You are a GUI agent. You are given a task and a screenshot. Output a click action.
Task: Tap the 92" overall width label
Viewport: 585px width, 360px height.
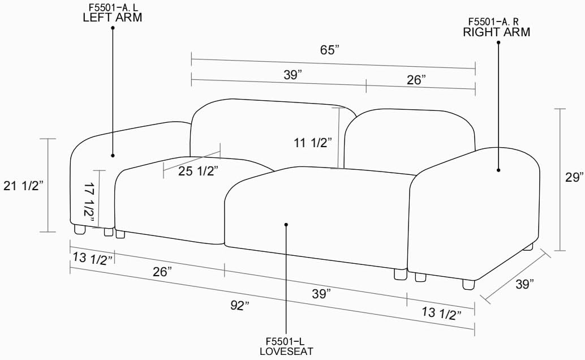click(x=240, y=306)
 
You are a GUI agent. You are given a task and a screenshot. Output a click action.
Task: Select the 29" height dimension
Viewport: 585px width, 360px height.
click(x=575, y=177)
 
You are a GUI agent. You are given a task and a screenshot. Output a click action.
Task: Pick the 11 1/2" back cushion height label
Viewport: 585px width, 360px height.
click(x=312, y=143)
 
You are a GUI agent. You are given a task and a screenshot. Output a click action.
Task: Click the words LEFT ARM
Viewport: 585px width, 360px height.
click(x=112, y=17)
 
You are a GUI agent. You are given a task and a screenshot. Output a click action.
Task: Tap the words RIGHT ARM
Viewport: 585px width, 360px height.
click(x=497, y=32)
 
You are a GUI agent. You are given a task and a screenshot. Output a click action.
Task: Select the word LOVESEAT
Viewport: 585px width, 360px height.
click(x=286, y=351)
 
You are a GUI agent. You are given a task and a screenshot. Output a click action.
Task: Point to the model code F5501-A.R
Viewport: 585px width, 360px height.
click(x=497, y=22)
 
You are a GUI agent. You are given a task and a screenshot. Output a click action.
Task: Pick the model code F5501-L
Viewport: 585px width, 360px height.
click(x=286, y=341)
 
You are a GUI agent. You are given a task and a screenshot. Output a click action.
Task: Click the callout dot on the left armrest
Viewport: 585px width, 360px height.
click(x=113, y=155)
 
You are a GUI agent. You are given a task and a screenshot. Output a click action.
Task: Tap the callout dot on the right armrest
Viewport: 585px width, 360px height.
click(x=498, y=169)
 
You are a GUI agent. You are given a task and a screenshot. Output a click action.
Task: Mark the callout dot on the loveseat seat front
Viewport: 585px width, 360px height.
click(x=286, y=225)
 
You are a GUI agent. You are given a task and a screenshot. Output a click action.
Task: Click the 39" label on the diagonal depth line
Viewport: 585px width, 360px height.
click(x=524, y=284)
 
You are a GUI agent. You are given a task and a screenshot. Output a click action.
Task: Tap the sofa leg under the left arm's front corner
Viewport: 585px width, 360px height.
click(x=79, y=229)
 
